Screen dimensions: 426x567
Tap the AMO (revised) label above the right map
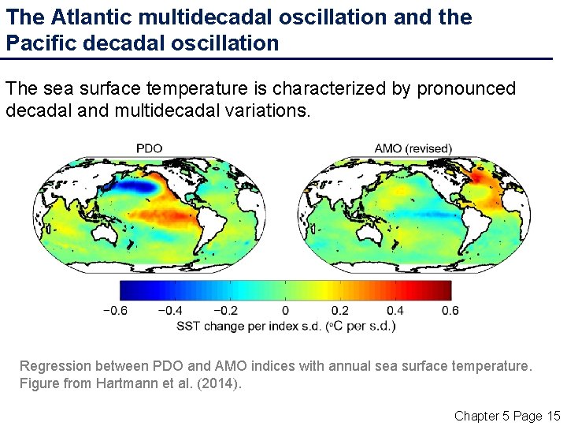(413, 148)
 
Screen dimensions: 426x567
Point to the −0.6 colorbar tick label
(115, 311)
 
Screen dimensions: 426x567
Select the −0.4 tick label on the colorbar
(171, 311)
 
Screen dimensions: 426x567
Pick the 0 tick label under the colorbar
(285, 311)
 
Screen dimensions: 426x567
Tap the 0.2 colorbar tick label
(340, 311)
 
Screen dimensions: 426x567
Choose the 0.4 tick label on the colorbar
(395, 311)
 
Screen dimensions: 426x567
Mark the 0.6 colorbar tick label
(450, 311)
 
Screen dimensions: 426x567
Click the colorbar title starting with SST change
(285, 326)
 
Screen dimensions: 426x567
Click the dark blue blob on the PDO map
(132, 187)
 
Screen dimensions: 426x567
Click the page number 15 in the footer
(552, 415)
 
